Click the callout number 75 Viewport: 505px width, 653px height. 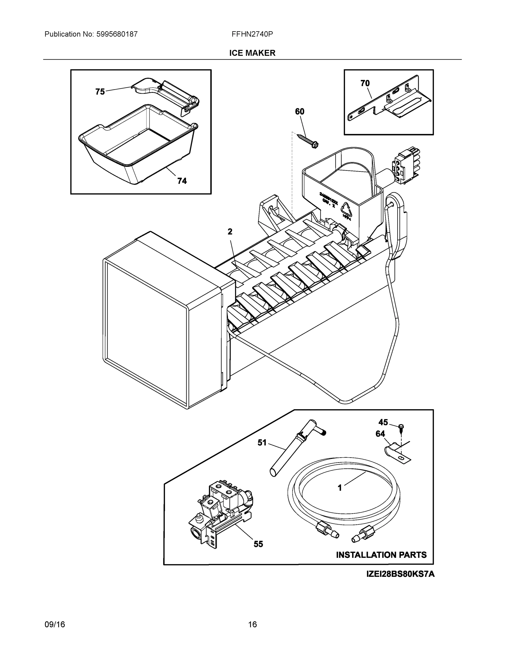100,92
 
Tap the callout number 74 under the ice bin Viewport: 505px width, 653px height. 182,181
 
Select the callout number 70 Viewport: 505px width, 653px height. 365,84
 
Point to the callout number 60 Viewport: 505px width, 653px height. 299,112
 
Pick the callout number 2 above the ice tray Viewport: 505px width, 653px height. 230,232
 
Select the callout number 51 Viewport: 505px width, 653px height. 262,443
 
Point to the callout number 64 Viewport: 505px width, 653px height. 380,434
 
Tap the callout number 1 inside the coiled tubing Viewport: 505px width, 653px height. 339,488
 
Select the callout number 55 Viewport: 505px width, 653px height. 258,544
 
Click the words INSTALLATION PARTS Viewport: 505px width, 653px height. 381,555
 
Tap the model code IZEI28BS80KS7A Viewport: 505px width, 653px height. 400,574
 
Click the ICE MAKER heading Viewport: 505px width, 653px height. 252,53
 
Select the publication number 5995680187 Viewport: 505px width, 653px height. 117,34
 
